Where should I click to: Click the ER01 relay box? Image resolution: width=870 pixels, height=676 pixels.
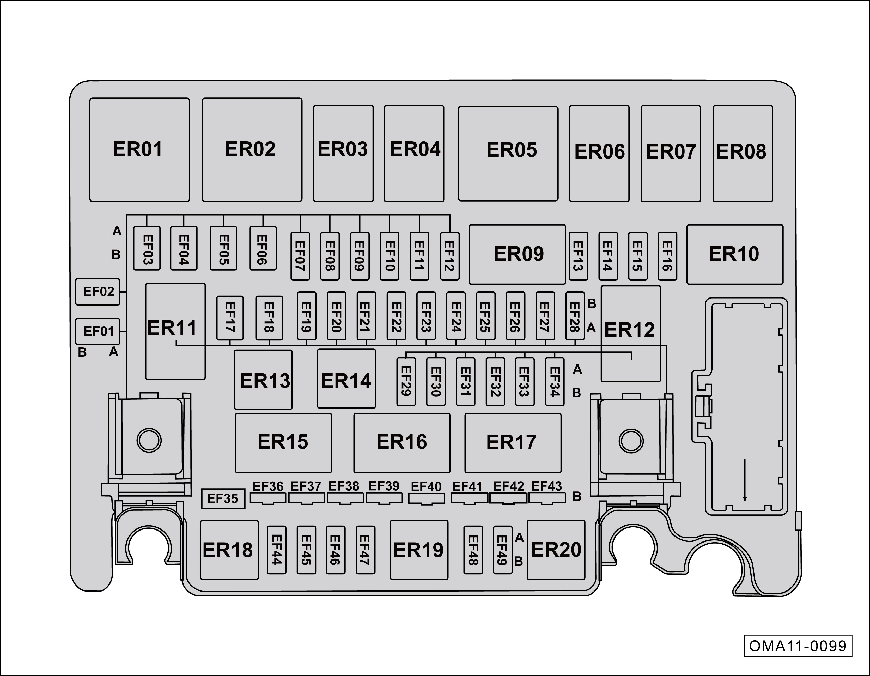[139, 150]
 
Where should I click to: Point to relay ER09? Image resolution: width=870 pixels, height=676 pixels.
[517, 254]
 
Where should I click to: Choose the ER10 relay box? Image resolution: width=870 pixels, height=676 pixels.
[735, 254]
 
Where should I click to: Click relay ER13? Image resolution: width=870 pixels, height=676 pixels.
[263, 380]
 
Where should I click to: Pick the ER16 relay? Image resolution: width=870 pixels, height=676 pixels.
[401, 443]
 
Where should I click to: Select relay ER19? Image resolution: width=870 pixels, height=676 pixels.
[419, 550]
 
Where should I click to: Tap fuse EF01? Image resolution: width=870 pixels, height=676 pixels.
[98, 331]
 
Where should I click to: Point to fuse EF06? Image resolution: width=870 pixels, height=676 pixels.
[263, 248]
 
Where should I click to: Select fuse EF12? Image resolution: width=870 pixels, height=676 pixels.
[450, 256]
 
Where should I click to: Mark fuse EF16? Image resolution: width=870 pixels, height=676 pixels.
[667, 256]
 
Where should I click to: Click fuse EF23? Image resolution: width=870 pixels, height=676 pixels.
[426, 316]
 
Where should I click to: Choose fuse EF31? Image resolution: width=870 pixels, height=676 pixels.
[465, 382]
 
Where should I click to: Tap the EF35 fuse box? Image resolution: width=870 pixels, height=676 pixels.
[223, 499]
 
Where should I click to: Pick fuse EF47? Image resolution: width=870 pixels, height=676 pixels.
[365, 550]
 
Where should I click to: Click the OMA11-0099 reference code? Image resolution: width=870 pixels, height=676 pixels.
[798, 646]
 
